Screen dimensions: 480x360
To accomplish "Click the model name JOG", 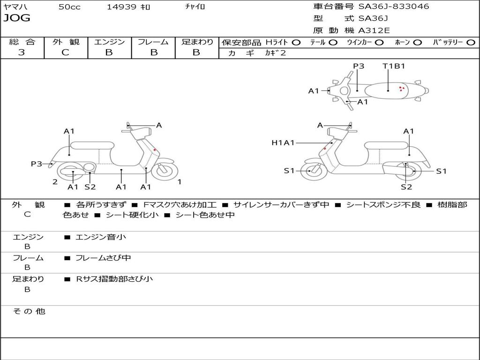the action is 17,18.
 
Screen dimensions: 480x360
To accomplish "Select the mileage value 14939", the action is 121,7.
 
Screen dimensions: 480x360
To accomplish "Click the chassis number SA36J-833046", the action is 394,7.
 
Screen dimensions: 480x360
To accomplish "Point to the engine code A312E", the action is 374,31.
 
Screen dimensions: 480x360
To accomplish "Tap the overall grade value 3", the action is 22,52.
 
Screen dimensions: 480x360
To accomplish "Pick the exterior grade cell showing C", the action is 66,52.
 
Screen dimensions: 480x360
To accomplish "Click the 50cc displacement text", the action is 69,7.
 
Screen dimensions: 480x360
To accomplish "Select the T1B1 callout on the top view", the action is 394,66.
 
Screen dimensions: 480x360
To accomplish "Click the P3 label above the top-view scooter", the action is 359,66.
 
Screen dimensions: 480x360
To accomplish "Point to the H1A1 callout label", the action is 283,142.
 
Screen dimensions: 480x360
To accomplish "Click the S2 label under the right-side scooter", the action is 406,187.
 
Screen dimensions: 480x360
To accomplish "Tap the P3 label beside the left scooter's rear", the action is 37,164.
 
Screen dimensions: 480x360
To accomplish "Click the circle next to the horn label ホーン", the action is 418,42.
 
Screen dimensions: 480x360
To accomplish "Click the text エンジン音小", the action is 101,237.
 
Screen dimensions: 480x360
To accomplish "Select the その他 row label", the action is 29,311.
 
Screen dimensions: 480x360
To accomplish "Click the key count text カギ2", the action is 276,53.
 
